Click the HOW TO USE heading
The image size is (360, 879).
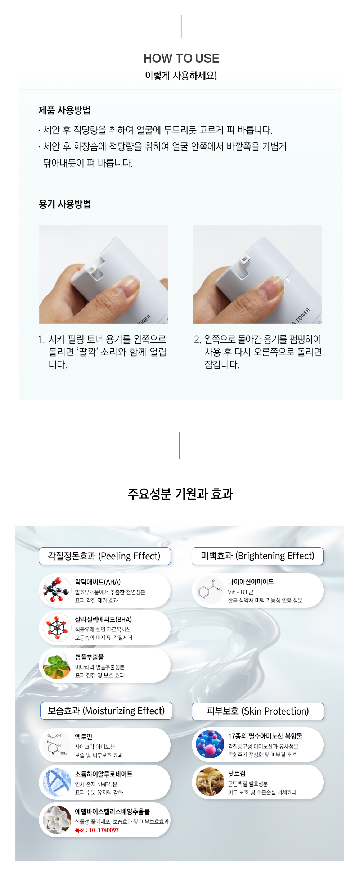click(x=181, y=58)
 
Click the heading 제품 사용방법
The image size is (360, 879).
click(x=64, y=110)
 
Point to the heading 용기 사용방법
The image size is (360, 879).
click(x=64, y=204)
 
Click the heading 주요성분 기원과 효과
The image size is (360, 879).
click(x=180, y=494)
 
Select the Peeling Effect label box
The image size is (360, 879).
click(x=105, y=556)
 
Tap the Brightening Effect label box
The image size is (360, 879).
click(x=257, y=556)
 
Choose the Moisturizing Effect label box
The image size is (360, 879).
click(x=106, y=711)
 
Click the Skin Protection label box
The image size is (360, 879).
click(x=258, y=711)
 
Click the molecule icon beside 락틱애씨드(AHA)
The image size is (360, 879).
click(x=57, y=590)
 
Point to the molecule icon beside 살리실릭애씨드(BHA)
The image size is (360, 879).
click(x=57, y=627)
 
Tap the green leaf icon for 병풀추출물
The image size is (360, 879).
click(x=57, y=665)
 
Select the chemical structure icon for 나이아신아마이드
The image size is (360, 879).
click(x=210, y=590)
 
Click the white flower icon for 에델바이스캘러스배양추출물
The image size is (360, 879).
click(x=57, y=820)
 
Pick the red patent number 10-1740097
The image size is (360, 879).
click(x=97, y=830)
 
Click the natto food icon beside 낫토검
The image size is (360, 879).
click(x=210, y=782)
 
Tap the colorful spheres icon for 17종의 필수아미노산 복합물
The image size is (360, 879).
click(x=210, y=744)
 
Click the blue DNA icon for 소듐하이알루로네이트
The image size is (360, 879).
click(x=57, y=782)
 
